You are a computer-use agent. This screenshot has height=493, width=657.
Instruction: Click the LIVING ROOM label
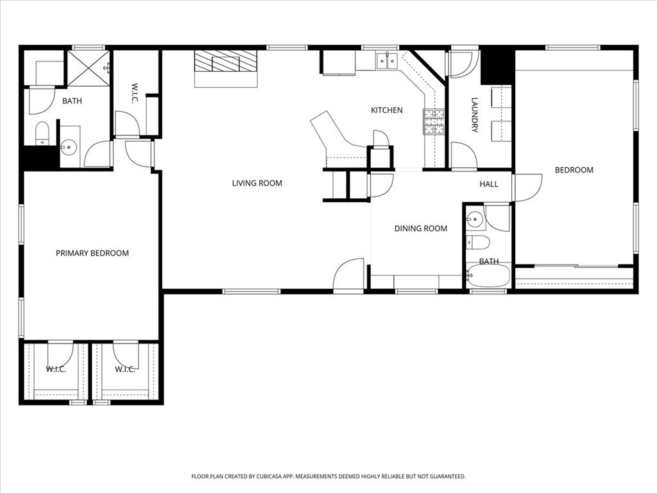(x=257, y=183)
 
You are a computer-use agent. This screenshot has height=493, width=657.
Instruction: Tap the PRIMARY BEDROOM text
(x=92, y=253)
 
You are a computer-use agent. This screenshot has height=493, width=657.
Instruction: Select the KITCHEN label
(x=387, y=110)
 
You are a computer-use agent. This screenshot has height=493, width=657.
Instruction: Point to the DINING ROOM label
(x=421, y=229)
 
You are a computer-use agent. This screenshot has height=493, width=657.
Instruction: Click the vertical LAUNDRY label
(x=475, y=115)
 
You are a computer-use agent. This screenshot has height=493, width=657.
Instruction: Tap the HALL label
(x=489, y=184)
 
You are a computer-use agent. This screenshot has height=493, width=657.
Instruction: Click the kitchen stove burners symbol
(x=433, y=123)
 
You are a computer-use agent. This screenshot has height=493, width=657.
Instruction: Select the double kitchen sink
(x=387, y=62)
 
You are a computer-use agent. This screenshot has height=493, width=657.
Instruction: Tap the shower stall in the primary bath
(x=89, y=67)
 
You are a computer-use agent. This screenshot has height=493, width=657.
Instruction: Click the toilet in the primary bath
(x=42, y=133)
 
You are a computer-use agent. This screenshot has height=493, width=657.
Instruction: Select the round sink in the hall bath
(x=475, y=220)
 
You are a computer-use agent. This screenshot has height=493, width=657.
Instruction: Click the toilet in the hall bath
(x=478, y=242)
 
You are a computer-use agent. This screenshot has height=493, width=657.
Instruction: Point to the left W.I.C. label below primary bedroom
(x=55, y=369)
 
